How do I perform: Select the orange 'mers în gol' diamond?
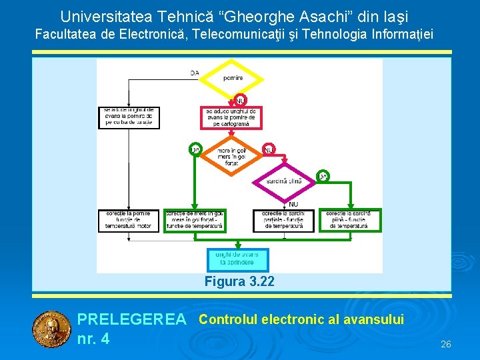pyautogui.click(x=232, y=156)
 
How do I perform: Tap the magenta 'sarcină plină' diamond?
pyautogui.click(x=284, y=181)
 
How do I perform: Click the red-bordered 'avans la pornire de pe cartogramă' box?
pyautogui.click(x=231, y=117)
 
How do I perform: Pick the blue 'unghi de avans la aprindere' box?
pyautogui.click(x=238, y=259)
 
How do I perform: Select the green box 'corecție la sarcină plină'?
pyautogui.click(x=352, y=220)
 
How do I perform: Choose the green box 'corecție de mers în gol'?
pyautogui.click(x=194, y=220)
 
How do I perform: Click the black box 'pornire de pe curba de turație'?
pyautogui.click(x=129, y=117)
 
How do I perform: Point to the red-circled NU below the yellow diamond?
pyautogui.click(x=240, y=100)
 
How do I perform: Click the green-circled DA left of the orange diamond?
pyautogui.click(x=195, y=149)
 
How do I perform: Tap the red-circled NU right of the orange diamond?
pyautogui.click(x=269, y=149)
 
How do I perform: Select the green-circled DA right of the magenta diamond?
pyautogui.click(x=323, y=176)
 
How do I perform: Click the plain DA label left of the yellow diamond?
pyautogui.click(x=195, y=73)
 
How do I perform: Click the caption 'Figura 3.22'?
pyautogui.click(x=239, y=281)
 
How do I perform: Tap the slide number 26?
pyautogui.click(x=446, y=344)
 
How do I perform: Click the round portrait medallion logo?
pyautogui.click(x=51, y=330)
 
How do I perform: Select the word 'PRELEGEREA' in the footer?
pyautogui.click(x=131, y=320)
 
